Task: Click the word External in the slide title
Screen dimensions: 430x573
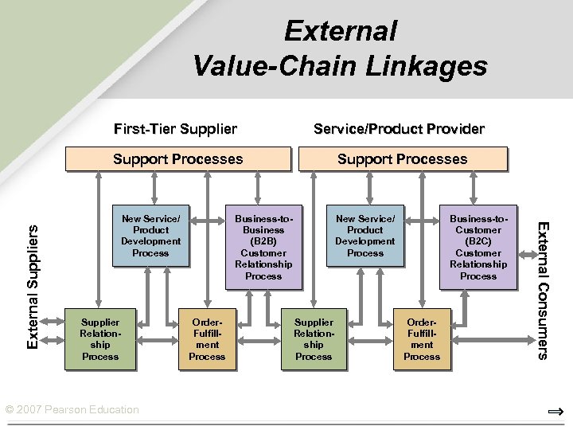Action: (x=340, y=31)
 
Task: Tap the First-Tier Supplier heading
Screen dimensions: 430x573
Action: (x=175, y=128)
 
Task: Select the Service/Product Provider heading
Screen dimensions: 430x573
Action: (x=399, y=128)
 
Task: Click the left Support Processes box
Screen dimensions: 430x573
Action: (x=177, y=159)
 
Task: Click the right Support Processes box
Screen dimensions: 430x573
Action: (x=402, y=159)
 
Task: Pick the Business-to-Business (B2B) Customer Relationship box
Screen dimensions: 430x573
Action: (x=263, y=247)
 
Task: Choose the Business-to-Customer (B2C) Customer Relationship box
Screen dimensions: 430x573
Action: (x=477, y=247)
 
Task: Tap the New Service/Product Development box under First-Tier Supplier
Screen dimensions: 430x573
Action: (x=150, y=236)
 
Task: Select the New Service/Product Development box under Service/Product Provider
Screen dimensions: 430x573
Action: (x=365, y=236)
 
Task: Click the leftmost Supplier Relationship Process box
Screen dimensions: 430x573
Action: (x=100, y=339)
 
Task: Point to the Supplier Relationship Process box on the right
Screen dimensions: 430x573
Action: (x=314, y=339)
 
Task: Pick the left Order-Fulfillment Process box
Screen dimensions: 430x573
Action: (x=207, y=339)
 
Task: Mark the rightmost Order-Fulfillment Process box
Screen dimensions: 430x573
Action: (x=422, y=339)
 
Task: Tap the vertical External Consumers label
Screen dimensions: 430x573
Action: (x=543, y=290)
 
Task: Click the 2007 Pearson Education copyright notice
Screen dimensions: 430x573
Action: (x=72, y=409)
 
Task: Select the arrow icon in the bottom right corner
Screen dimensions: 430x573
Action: (x=555, y=412)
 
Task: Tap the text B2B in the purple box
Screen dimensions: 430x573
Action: (x=263, y=241)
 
